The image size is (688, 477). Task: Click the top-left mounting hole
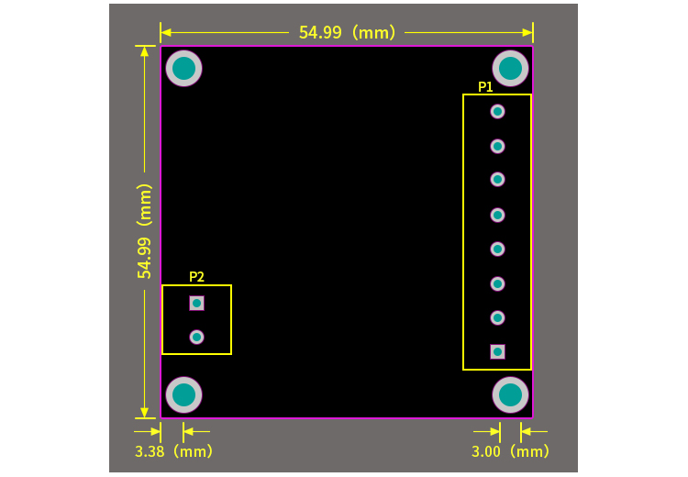point(183,68)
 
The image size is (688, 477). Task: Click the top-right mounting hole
point(511,68)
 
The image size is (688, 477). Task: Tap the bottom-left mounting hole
point(183,394)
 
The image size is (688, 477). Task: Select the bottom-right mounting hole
point(511,394)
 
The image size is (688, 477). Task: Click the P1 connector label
point(485,87)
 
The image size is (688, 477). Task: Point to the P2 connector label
point(196,276)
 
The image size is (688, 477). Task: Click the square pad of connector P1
point(497,351)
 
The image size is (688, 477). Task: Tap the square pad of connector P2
point(196,303)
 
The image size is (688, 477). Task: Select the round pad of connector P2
point(196,337)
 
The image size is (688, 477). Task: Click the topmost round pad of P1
point(497,111)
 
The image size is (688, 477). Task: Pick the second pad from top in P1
point(497,146)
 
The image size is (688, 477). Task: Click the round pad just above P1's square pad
point(497,317)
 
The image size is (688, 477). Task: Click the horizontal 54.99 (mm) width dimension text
point(347,32)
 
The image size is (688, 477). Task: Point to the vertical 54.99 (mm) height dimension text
point(144,230)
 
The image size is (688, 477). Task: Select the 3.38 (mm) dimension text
point(173,451)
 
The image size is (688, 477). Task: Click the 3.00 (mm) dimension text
point(511,451)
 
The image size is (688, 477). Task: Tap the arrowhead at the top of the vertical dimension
point(144,51)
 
